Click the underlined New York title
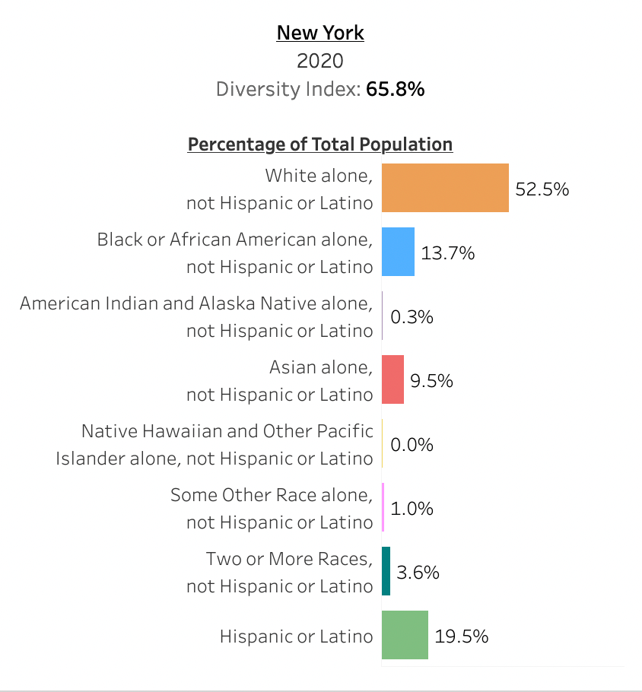320,33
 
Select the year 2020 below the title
320,61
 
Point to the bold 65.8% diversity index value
395,89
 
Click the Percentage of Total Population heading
320,144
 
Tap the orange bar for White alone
445,188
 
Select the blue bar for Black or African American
398,252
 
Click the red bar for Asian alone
393,379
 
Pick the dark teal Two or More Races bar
386,571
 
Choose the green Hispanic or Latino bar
405,635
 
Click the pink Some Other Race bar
383,507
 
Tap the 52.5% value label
542,189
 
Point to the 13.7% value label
448,253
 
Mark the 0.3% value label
412,317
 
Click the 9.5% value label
431,381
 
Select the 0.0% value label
412,445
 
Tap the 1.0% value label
412,509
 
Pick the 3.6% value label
418,573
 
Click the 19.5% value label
461,636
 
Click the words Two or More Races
289,559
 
